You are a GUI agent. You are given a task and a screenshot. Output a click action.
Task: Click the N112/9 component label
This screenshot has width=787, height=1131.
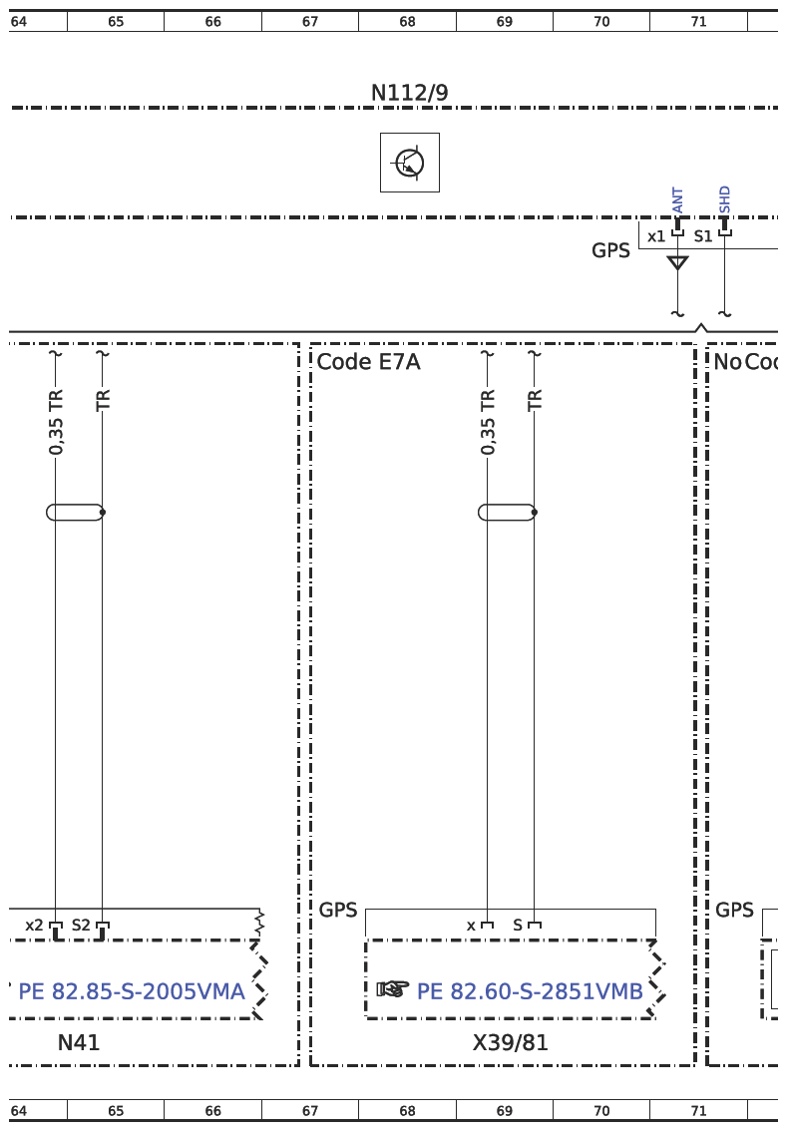point(409,93)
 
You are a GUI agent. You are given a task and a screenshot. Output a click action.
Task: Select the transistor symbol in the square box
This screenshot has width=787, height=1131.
point(410,163)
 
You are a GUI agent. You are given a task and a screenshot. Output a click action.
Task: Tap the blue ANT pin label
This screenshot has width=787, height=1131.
point(677,200)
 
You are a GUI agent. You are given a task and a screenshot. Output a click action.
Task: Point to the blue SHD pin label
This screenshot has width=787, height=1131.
point(725,199)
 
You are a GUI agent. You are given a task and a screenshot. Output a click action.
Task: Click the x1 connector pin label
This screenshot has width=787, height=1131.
point(656,236)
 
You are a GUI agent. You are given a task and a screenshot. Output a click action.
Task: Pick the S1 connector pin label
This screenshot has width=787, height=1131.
point(702,235)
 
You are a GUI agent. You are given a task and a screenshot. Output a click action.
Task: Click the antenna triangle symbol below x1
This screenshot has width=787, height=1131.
point(677,262)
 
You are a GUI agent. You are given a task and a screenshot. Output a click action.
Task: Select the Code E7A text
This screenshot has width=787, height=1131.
point(369,361)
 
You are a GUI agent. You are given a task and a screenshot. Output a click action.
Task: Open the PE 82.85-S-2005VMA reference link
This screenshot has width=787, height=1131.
point(132,991)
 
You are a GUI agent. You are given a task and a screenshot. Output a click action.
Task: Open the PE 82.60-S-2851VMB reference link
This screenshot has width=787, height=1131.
point(530,991)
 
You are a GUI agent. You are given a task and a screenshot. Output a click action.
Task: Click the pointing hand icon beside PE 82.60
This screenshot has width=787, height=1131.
point(393,989)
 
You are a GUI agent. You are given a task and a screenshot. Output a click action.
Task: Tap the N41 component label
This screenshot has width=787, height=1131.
point(79,1042)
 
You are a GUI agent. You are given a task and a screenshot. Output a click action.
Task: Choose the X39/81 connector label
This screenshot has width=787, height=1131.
point(510,1042)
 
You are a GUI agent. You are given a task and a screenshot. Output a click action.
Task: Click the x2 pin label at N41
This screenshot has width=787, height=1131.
point(34,925)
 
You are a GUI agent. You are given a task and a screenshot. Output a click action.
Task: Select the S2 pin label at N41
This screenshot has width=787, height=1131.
point(81,925)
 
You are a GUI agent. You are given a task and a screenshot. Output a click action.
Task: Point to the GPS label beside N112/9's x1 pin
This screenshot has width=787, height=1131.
point(610,250)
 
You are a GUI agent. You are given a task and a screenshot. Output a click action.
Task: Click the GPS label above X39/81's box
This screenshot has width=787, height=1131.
point(337,910)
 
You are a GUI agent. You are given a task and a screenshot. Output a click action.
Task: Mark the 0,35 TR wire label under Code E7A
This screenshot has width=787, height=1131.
point(488,422)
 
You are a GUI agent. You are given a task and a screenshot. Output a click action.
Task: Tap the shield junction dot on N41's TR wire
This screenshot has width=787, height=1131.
point(103,512)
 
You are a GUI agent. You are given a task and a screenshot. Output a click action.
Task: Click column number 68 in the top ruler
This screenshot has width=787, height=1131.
point(408,22)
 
